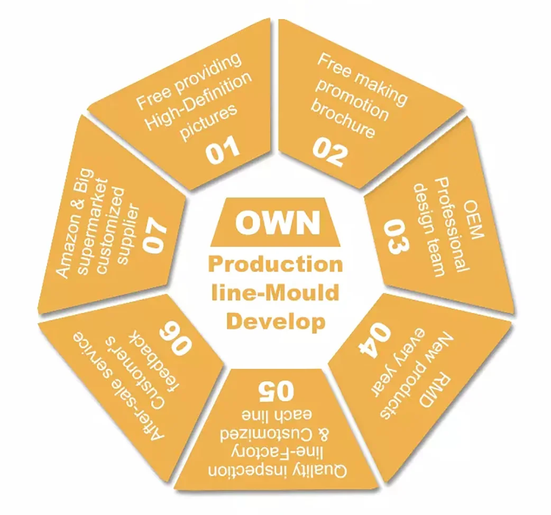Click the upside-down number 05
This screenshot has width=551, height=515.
click(275, 390)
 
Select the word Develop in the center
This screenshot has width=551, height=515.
click(275, 320)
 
